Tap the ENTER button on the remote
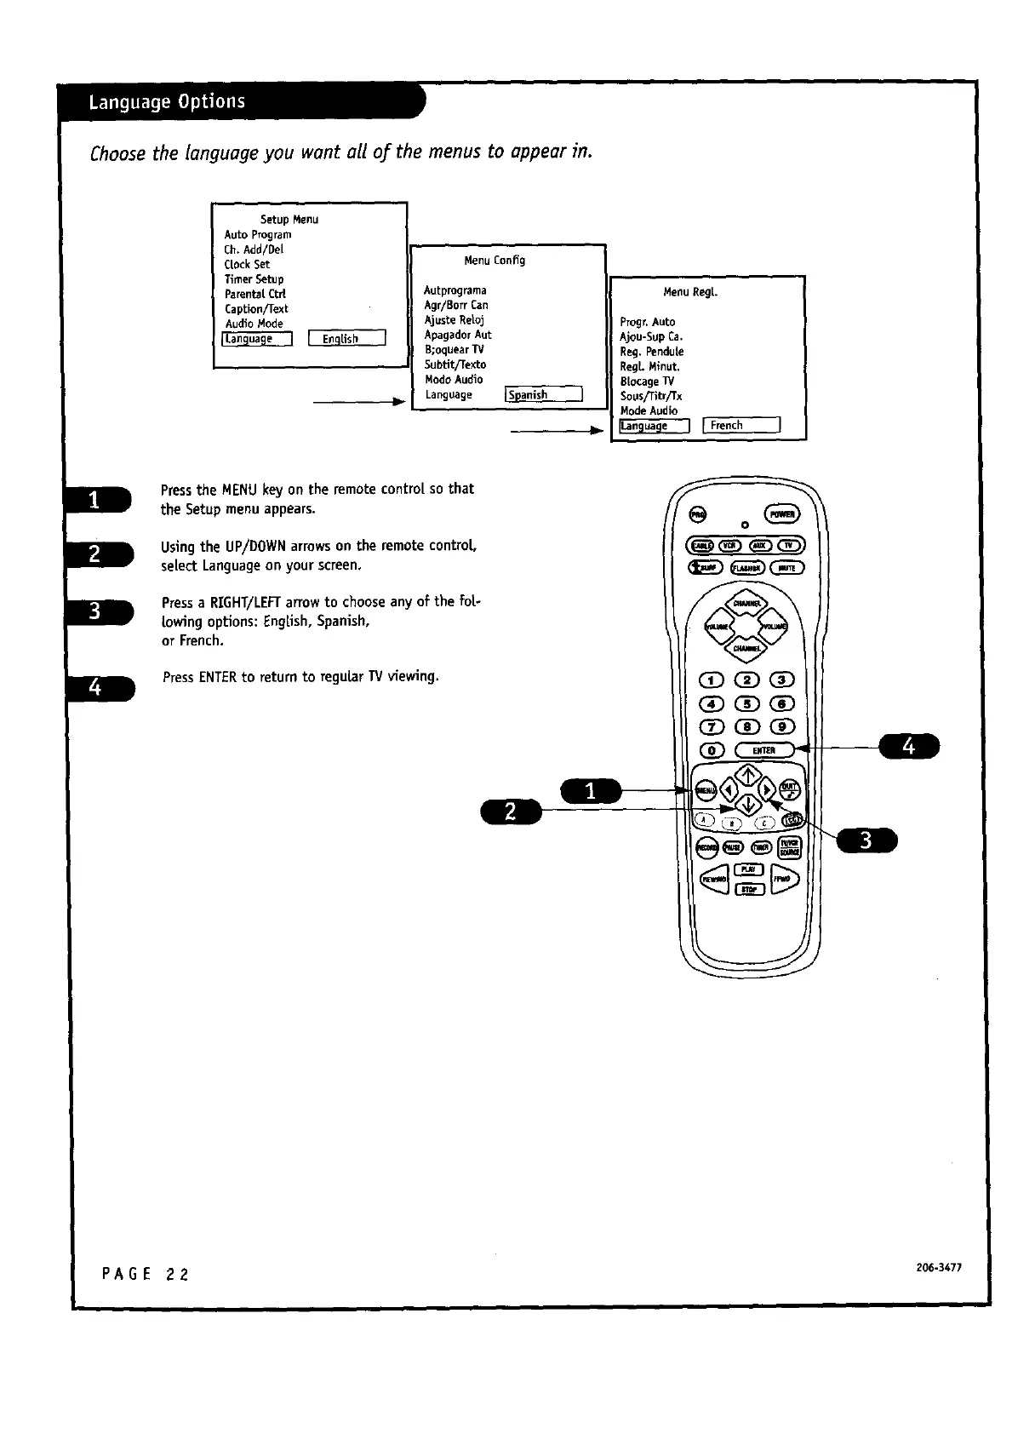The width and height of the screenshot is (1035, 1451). [x=763, y=750]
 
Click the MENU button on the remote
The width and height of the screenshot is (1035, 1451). [x=706, y=789]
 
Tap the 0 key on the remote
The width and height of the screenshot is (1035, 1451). [x=711, y=750]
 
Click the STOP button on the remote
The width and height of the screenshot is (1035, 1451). [x=748, y=890]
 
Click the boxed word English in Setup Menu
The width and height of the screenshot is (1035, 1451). [x=347, y=339]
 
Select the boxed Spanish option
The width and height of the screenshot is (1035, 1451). [x=544, y=394]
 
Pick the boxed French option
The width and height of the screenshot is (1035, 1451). [x=741, y=425]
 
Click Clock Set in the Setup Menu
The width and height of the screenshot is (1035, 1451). [x=247, y=264]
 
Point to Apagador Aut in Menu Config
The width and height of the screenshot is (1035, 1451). [x=458, y=335]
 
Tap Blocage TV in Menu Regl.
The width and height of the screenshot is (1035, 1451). [x=647, y=381]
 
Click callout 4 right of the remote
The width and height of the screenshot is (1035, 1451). [x=909, y=746]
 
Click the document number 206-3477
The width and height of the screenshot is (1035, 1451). [x=939, y=1267]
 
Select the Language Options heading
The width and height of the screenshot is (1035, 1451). [x=167, y=102]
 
